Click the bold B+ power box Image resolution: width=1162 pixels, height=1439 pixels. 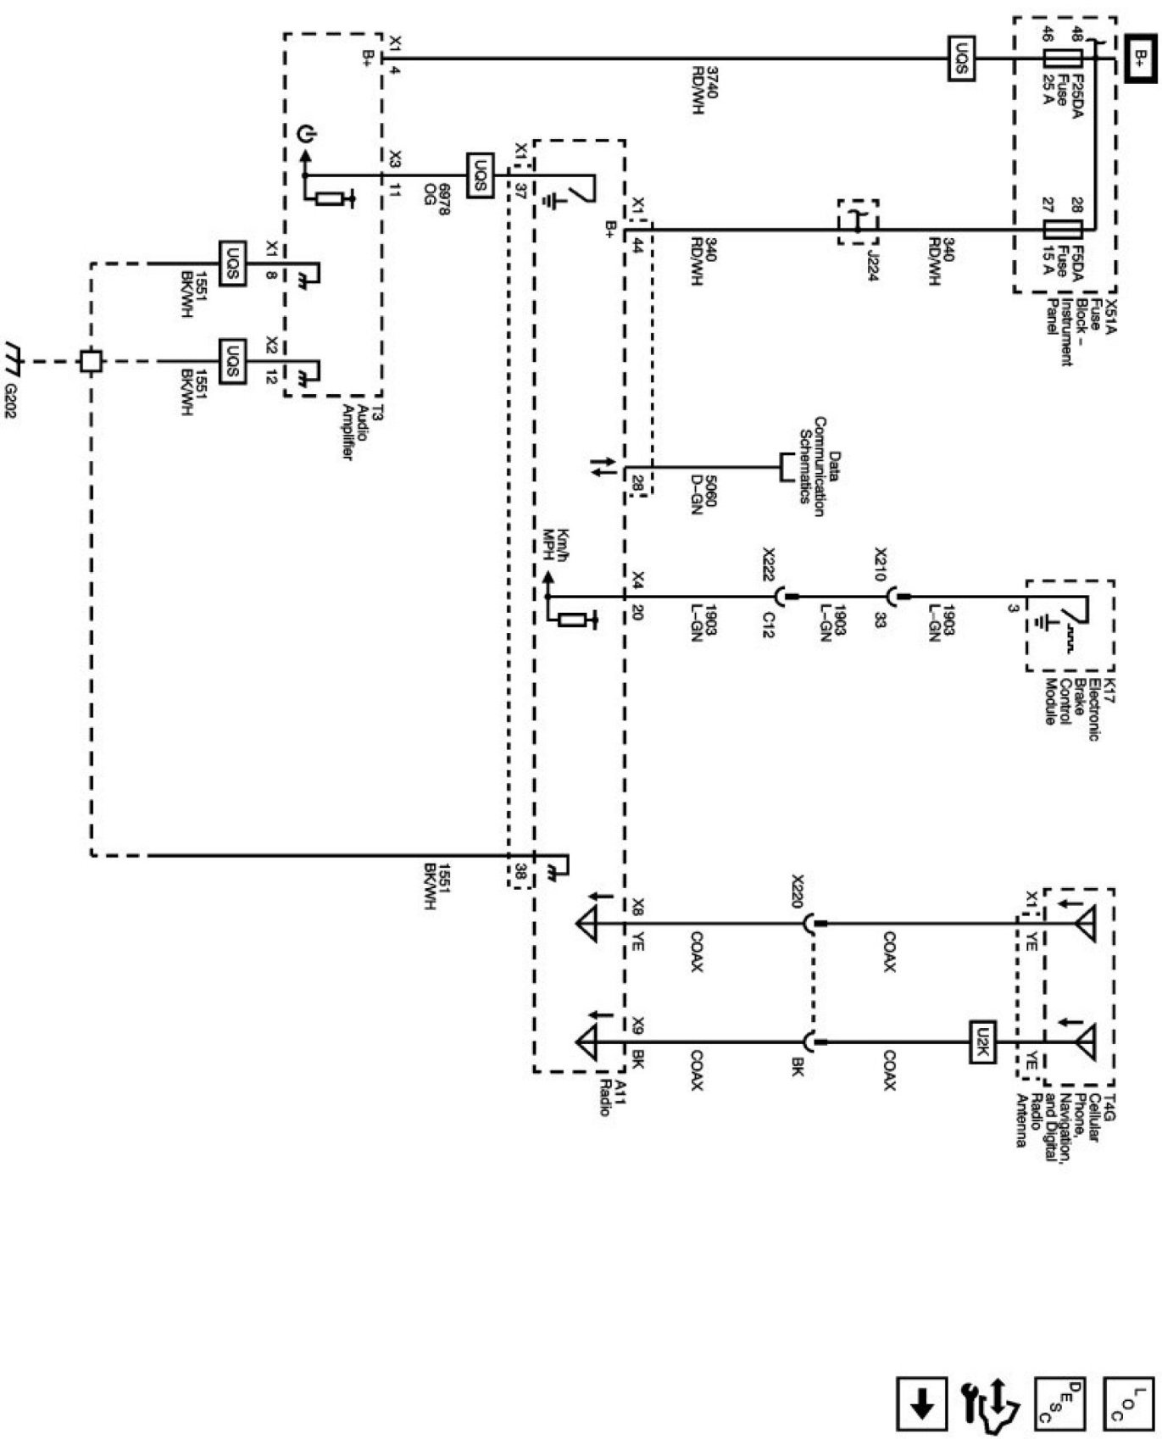(1140, 58)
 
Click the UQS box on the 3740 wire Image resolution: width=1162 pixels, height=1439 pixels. (961, 58)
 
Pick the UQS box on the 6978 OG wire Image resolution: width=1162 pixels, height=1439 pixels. (481, 175)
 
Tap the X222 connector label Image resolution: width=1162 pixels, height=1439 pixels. (769, 561)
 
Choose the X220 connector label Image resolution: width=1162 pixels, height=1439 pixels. (797, 891)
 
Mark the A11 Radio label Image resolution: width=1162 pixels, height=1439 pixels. (611, 1097)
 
